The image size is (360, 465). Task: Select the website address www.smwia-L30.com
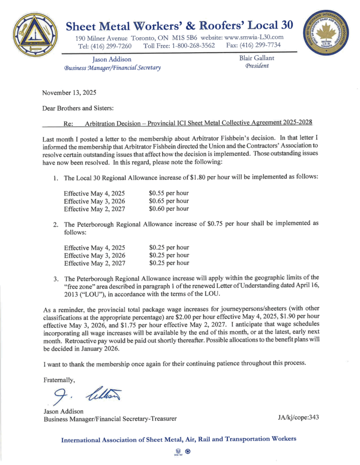(x=259, y=37)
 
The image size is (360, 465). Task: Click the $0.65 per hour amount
(x=169, y=201)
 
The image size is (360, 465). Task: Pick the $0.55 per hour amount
(x=169, y=193)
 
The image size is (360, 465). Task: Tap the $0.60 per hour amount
(x=169, y=209)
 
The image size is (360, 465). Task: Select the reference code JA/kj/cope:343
(x=297, y=417)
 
